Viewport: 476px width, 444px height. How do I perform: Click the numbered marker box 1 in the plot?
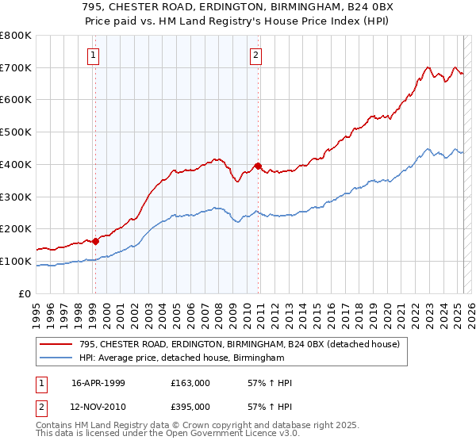coord(94,55)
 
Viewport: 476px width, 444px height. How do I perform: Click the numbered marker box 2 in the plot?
coord(256,55)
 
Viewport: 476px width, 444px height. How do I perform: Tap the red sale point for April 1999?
coord(95,241)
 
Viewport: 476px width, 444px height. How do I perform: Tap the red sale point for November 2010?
coord(258,166)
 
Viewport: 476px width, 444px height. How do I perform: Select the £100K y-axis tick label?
coord(17,262)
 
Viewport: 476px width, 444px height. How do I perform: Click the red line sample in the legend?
coord(56,343)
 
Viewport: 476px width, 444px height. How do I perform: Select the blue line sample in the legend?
coord(56,358)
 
